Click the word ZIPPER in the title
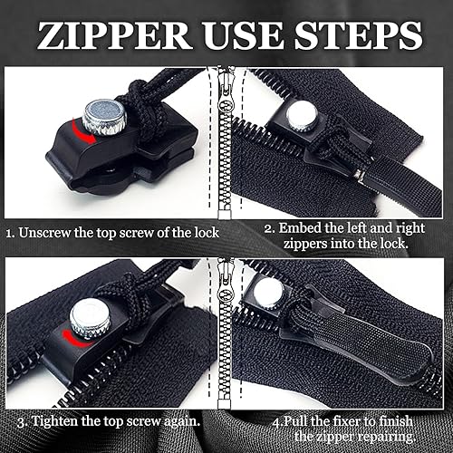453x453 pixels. click(x=115, y=34)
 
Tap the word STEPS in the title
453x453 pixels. click(x=359, y=34)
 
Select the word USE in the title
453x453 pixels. click(x=244, y=34)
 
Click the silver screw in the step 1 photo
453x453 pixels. click(x=104, y=117)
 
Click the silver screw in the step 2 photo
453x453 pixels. click(x=303, y=116)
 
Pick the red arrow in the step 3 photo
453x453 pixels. click(x=75, y=338)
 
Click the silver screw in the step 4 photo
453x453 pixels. click(x=268, y=293)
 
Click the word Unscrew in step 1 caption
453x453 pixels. click(x=44, y=233)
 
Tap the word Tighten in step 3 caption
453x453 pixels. click(x=54, y=420)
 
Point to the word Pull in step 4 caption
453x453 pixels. click(x=295, y=421)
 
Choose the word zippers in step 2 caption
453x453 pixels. click(x=305, y=244)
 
